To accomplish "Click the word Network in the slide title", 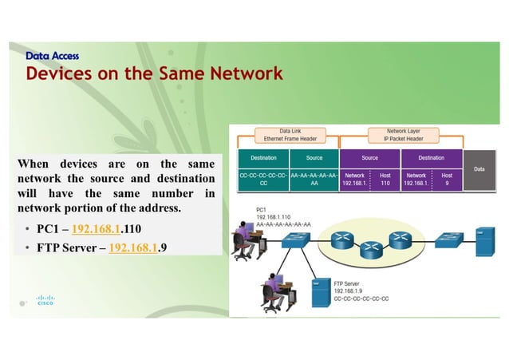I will [246, 74].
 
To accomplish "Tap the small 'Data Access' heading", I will [52, 56].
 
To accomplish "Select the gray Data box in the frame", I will [479, 169].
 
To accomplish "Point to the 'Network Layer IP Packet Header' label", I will [402, 134].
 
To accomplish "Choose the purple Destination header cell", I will [431, 157].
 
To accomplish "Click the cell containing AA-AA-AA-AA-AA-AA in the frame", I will [314, 178].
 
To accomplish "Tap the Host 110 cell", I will [385, 178].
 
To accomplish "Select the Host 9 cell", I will [447, 178].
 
